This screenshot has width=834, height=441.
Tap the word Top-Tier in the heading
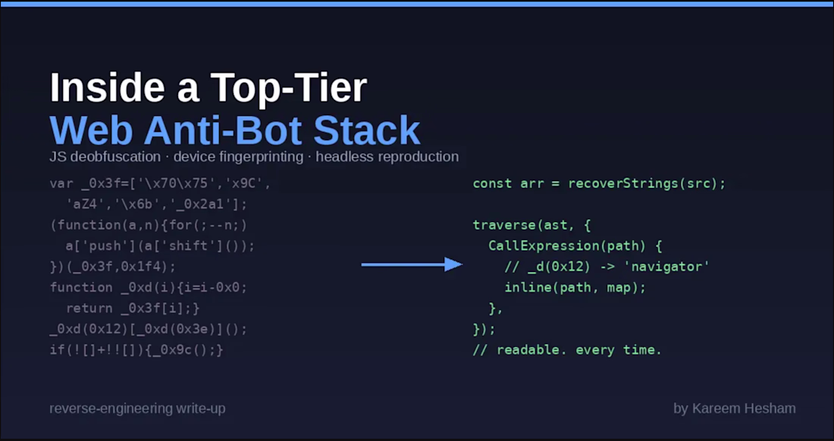(x=288, y=89)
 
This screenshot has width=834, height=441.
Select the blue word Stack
(x=367, y=130)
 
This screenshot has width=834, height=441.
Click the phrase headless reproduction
(x=387, y=158)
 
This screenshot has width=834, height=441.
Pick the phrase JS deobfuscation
(x=105, y=158)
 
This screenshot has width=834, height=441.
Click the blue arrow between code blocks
(x=412, y=264)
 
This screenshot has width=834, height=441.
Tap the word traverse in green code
(x=504, y=225)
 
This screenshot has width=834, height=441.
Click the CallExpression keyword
(x=539, y=246)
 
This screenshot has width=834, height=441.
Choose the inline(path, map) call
(x=575, y=287)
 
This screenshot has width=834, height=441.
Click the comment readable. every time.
(x=567, y=350)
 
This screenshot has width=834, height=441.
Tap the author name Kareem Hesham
(x=744, y=408)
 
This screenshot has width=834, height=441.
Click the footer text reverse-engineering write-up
(x=137, y=408)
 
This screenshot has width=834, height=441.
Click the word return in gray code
(x=89, y=308)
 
